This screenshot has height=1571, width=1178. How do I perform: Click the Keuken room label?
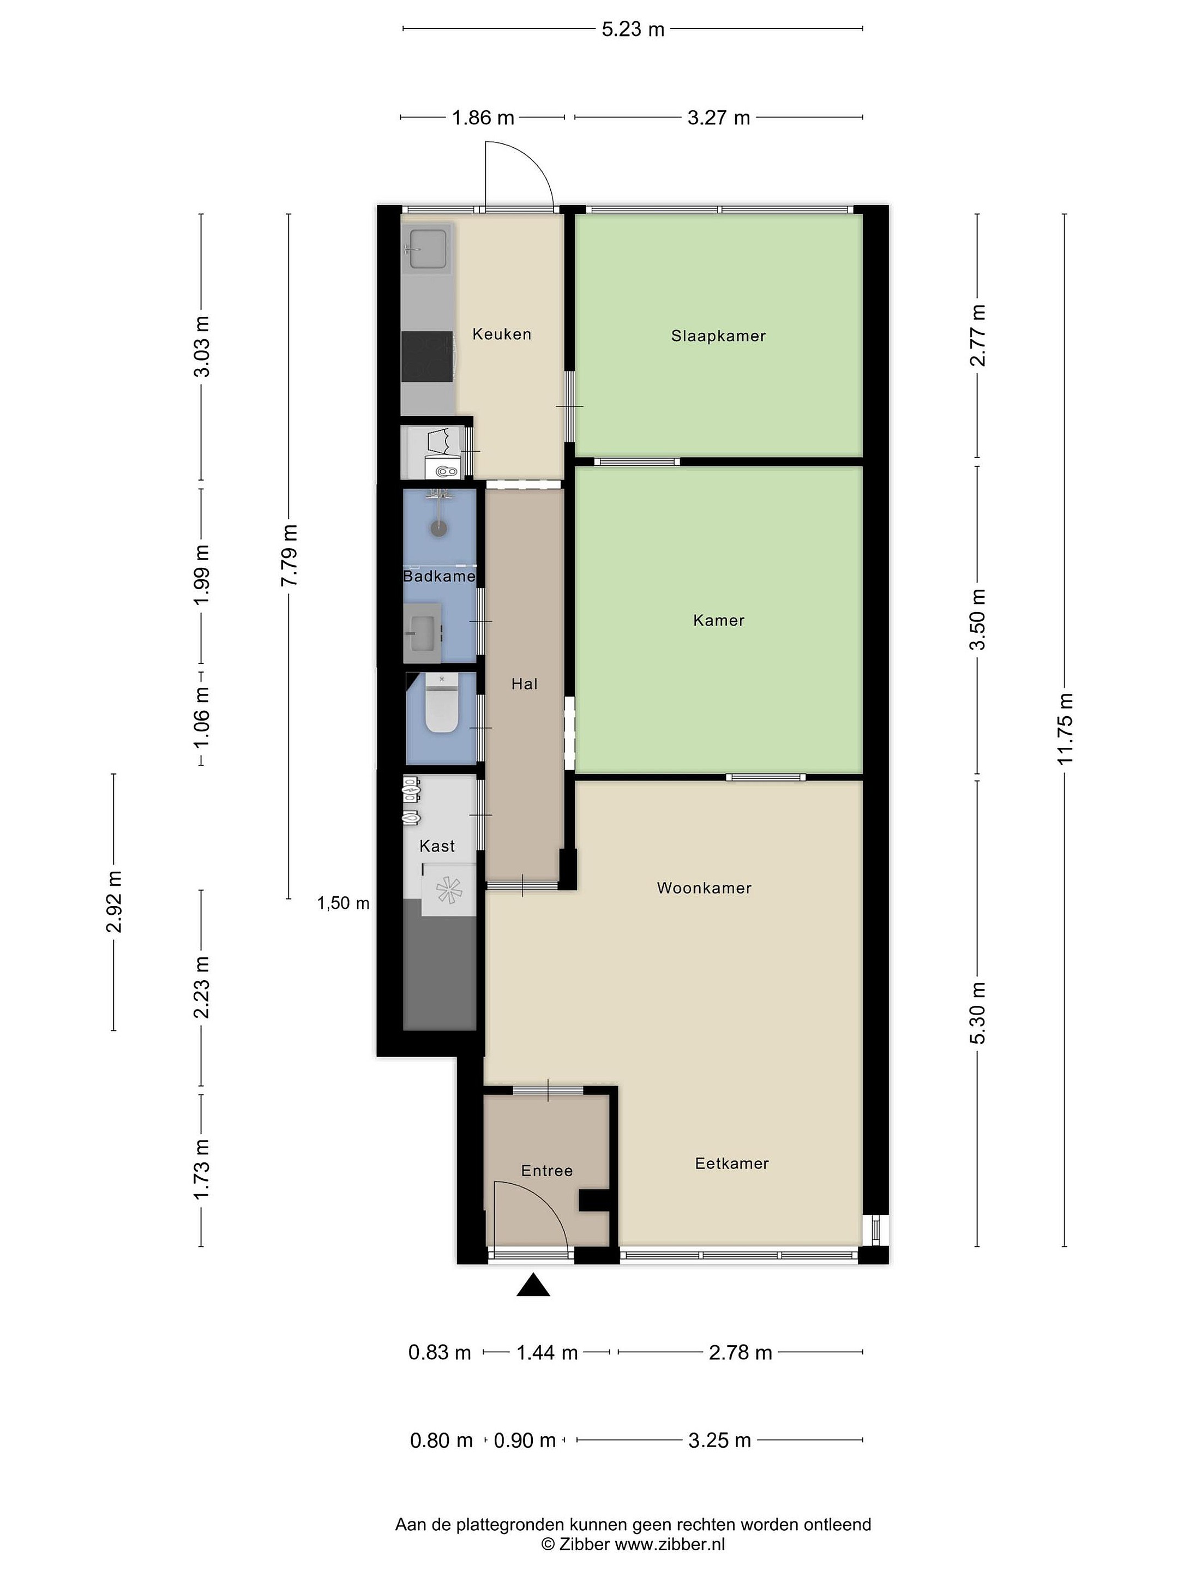pyautogui.click(x=501, y=334)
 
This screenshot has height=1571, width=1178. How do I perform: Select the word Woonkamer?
pyautogui.click(x=704, y=888)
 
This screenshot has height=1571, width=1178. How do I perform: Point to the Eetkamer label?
pyautogui.click(x=731, y=1164)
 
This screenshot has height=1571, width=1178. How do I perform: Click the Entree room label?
pyautogui.click(x=547, y=1171)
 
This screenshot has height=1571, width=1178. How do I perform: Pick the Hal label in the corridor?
pyautogui.click(x=524, y=684)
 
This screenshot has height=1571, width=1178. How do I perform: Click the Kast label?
pyautogui.click(x=437, y=846)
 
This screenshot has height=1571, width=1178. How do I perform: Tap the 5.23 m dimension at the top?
pyautogui.click(x=633, y=29)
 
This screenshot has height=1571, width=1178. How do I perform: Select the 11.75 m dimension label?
pyautogui.click(x=1065, y=729)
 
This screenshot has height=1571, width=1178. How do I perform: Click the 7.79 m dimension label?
pyautogui.click(x=289, y=555)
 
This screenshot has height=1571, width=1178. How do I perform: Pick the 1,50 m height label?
pyautogui.click(x=343, y=903)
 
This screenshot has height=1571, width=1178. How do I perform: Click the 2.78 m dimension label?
pyautogui.click(x=740, y=1352)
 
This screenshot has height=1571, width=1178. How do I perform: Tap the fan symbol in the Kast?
pyautogui.click(x=449, y=890)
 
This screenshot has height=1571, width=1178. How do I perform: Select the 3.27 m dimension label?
pyautogui.click(x=719, y=118)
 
